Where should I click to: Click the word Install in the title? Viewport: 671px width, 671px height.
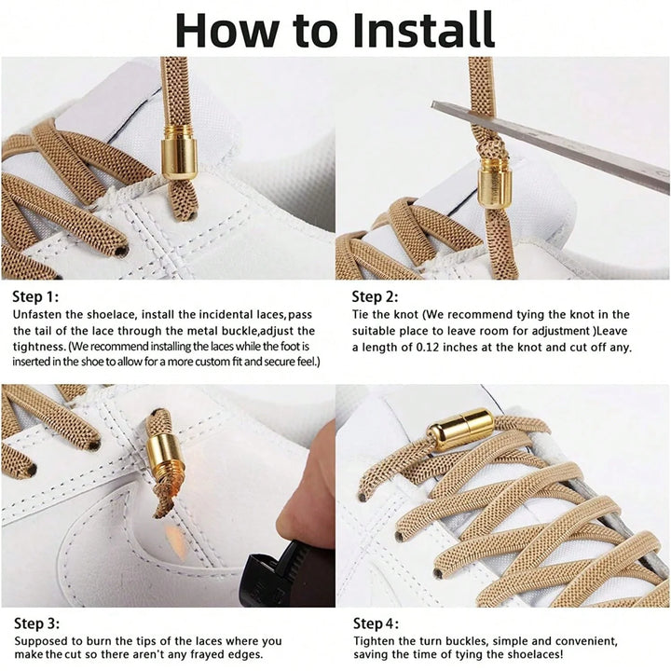coord(424,30)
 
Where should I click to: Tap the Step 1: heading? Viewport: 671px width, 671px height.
coord(35,296)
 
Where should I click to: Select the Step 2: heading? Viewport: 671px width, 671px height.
coord(375,296)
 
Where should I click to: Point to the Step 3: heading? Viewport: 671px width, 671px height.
coord(36,623)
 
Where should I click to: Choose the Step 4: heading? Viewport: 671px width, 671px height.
coord(376,623)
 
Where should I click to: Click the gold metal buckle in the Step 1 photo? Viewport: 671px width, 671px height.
coord(179,153)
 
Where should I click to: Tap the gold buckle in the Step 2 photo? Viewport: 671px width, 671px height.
coord(495,187)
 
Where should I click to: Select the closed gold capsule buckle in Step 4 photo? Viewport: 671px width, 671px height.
coord(461,430)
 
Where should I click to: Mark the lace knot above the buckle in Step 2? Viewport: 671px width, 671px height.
coord(486,147)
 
